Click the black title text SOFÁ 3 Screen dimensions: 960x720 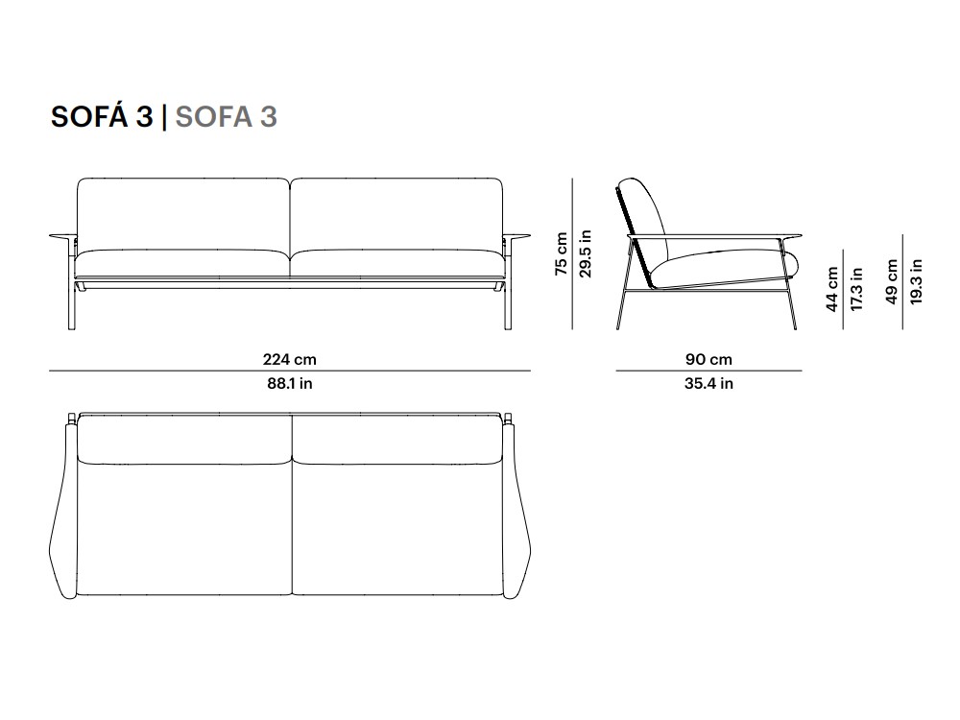[102, 116]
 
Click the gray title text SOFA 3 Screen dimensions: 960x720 [227, 116]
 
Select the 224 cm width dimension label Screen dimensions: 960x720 [290, 359]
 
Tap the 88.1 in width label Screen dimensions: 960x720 [290, 383]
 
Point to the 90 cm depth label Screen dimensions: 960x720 [708, 359]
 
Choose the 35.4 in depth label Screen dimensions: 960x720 [708, 383]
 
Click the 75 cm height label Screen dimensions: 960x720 [562, 253]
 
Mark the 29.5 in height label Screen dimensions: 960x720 [586, 253]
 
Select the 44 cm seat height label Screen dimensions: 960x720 [832, 289]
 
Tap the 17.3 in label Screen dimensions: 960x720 [856, 289]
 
